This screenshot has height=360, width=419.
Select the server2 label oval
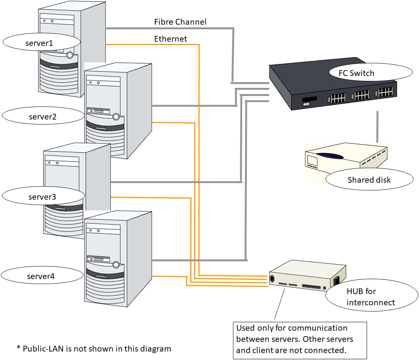[43, 116]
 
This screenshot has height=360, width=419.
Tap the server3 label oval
[42, 197]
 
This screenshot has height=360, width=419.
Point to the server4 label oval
[42, 276]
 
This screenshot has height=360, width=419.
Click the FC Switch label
[357, 73]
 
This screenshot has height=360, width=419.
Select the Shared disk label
[369, 180]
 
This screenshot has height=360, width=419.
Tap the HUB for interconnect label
[371, 296]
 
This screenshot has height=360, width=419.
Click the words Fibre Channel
[180, 22]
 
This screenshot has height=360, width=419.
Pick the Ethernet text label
[171, 39]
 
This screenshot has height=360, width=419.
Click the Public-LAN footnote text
[94, 349]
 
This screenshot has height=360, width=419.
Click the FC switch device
[331, 93]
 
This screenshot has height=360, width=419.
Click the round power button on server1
[69, 55]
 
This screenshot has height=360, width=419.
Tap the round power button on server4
[116, 264]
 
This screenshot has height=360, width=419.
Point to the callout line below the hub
[280, 304]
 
